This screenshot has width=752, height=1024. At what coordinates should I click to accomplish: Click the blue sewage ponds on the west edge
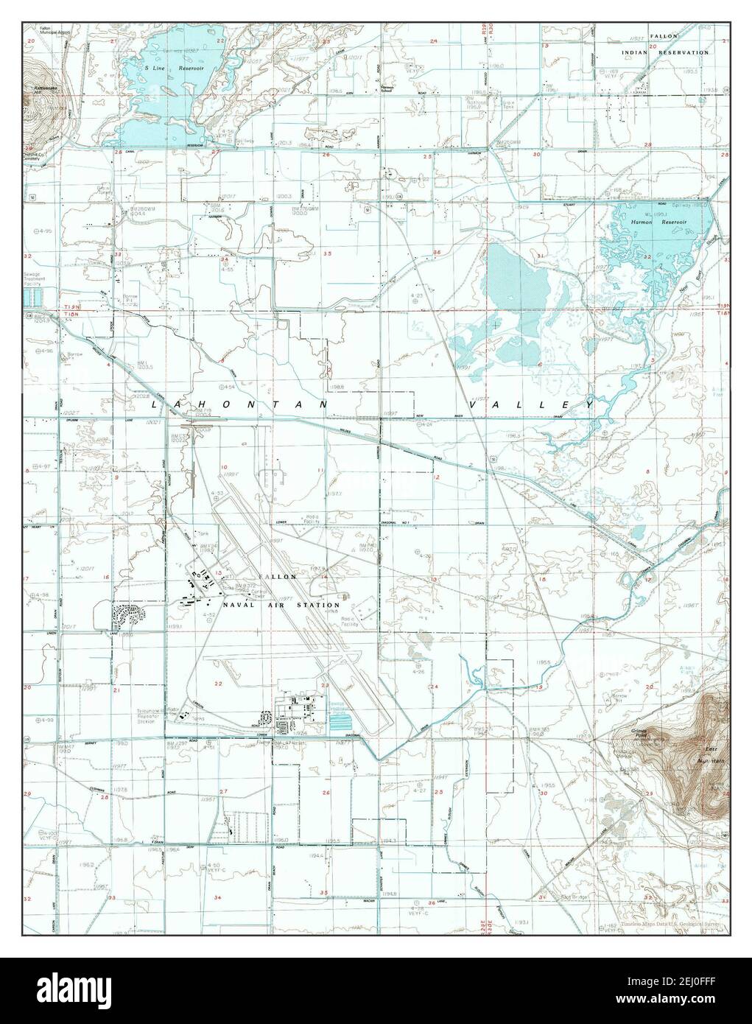(x=32, y=298)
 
